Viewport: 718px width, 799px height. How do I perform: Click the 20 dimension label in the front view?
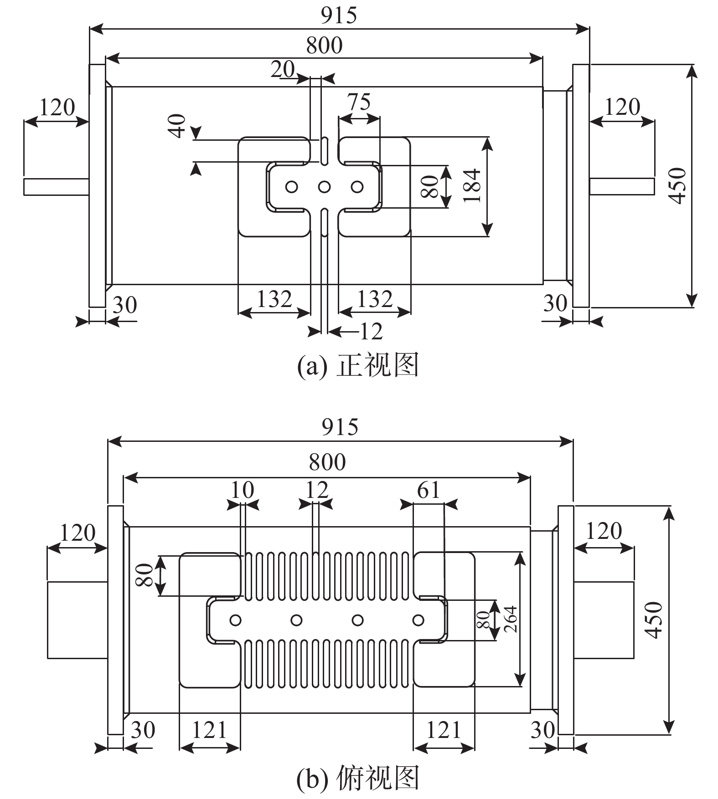click(x=283, y=70)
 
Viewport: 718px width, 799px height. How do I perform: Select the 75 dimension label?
click(x=359, y=102)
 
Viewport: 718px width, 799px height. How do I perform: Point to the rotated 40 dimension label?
click(x=177, y=126)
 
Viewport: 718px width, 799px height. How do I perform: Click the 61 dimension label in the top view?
click(x=429, y=490)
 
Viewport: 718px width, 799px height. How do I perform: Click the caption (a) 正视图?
click(x=358, y=365)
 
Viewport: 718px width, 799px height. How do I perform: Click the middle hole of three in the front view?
click(x=324, y=187)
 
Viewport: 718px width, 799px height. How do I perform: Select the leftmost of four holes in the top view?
click(x=236, y=620)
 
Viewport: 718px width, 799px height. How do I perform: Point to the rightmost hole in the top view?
click(x=418, y=620)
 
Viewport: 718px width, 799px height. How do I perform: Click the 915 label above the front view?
click(x=339, y=15)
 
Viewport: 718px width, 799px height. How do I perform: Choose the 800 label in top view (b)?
click(x=327, y=462)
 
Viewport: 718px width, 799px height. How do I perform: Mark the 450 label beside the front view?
click(x=678, y=186)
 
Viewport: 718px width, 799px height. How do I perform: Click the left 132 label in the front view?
click(x=274, y=299)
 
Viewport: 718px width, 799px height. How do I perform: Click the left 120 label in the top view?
click(x=77, y=533)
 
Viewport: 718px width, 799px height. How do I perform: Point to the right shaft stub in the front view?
click(x=622, y=186)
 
